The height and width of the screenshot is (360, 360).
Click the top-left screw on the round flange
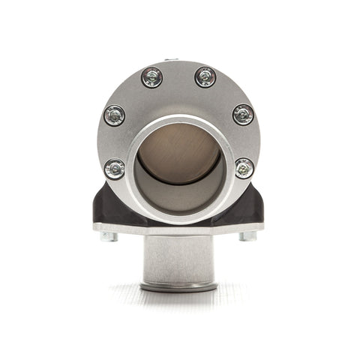(x=152, y=77)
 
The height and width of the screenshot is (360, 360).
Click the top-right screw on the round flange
(x=205, y=76)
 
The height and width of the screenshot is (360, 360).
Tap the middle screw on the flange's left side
(x=115, y=115)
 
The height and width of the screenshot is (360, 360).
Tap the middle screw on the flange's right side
(x=243, y=114)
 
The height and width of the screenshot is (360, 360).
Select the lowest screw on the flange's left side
(x=115, y=168)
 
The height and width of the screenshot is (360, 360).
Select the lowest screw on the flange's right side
(x=244, y=167)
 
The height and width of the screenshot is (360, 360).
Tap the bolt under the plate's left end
(x=109, y=236)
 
